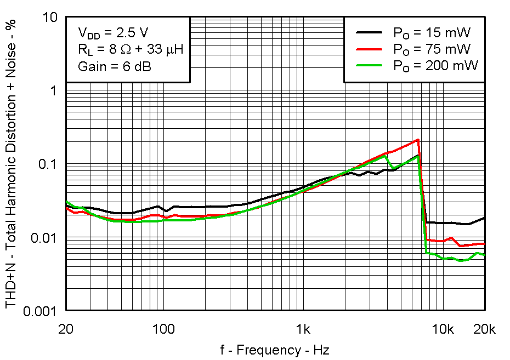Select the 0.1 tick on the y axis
click(48, 164)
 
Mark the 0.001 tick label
click(41, 311)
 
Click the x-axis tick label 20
click(66, 330)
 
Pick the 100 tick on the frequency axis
click(163, 330)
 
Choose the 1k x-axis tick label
click(303, 330)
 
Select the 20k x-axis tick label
click(485, 330)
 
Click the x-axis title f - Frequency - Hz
click(275, 350)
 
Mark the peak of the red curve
click(418, 139)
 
